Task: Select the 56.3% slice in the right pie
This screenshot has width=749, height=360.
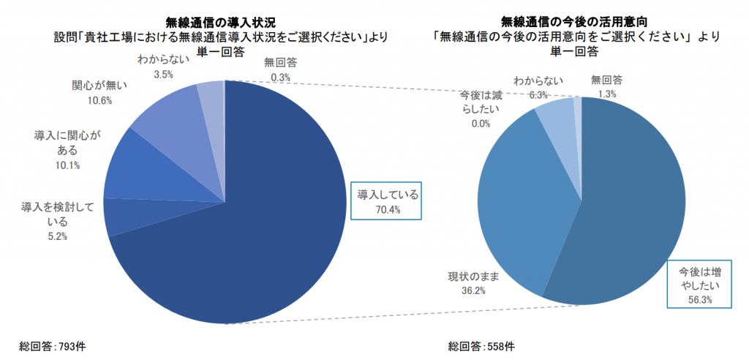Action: (x=629, y=212)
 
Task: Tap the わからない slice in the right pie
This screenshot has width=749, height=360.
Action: (x=557, y=113)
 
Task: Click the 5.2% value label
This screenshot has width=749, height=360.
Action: (x=55, y=236)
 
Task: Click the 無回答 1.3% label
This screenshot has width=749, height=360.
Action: (x=606, y=87)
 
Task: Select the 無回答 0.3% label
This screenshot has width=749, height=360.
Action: (x=280, y=70)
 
